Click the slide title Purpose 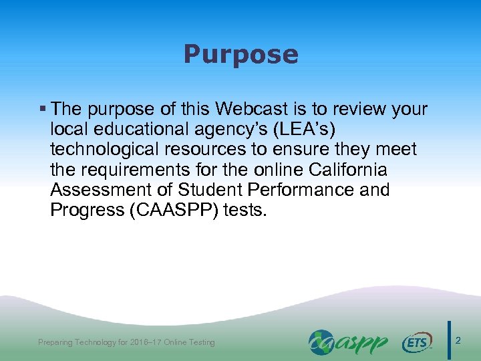(240, 55)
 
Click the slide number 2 (458, 341)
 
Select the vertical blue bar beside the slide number (449, 341)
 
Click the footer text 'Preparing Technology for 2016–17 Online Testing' (126, 342)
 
